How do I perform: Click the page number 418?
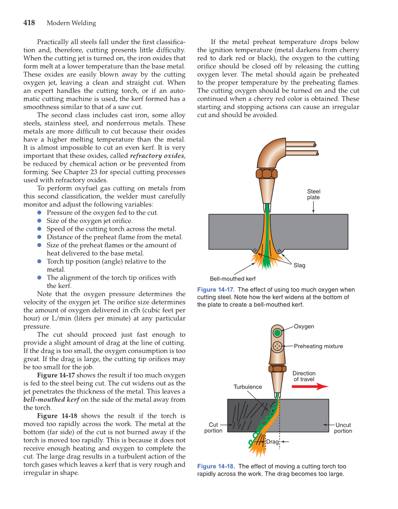pyautogui.click(x=31, y=23)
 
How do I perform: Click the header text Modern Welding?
pyautogui.click(x=71, y=23)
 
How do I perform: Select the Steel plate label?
pyautogui.click(x=314, y=194)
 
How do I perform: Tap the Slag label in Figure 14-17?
pyautogui.click(x=299, y=266)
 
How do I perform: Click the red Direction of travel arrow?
pyautogui.click(x=310, y=387)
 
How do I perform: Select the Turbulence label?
pyautogui.click(x=248, y=387)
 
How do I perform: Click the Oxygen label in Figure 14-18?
pyautogui.click(x=304, y=326)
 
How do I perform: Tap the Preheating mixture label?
pyautogui.click(x=318, y=347)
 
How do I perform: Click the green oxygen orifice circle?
pyautogui.click(x=278, y=333)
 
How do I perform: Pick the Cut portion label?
pyautogui.click(x=213, y=428)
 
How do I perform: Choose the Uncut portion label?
pyautogui.click(x=343, y=428)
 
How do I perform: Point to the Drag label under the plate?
pyautogui.click(x=272, y=442)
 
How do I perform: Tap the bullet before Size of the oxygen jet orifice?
pyautogui.click(x=40, y=221)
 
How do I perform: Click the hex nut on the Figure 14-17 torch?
pyautogui.click(x=267, y=174)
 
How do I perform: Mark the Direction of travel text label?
pyautogui.click(x=304, y=376)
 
